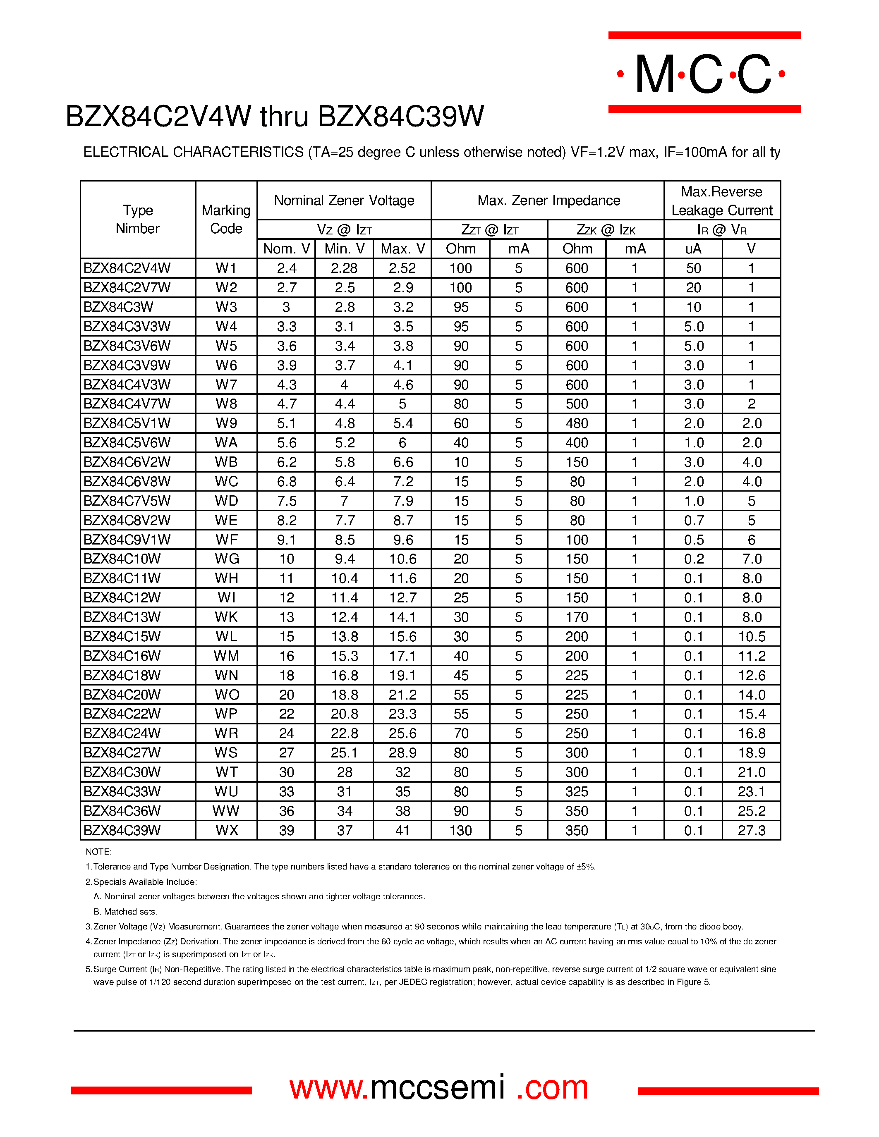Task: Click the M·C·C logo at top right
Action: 704,74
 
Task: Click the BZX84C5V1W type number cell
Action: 127,423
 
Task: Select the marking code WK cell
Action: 226,617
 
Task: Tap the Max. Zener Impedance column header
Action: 548,201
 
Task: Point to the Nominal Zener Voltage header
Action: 344,201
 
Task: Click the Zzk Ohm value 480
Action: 577,423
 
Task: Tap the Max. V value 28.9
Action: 402,753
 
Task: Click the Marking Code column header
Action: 226,219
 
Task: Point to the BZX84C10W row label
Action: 122,559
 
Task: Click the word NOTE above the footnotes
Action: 98,852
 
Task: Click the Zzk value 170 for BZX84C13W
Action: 577,617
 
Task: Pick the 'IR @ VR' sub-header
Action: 722,229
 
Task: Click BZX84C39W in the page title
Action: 400,116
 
